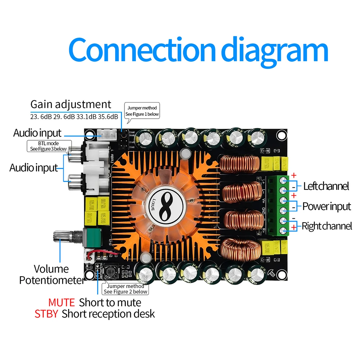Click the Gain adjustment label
point(71,104)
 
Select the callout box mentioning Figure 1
point(142,110)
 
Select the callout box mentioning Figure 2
point(125,289)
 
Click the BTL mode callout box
point(47,146)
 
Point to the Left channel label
point(326,186)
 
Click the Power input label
point(326,206)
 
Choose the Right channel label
point(327,226)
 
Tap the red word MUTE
point(61,302)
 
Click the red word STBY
point(46,314)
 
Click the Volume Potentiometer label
point(51,274)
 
